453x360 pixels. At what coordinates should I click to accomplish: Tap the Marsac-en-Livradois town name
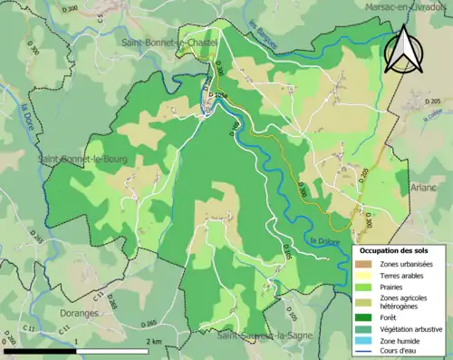(x=407, y=6)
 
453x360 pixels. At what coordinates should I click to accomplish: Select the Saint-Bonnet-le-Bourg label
(x=82, y=159)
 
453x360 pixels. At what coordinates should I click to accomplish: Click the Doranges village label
(x=82, y=313)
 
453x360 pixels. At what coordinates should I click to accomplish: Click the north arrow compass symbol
(x=403, y=50)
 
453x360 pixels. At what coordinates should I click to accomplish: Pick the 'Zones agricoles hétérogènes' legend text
(x=405, y=301)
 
